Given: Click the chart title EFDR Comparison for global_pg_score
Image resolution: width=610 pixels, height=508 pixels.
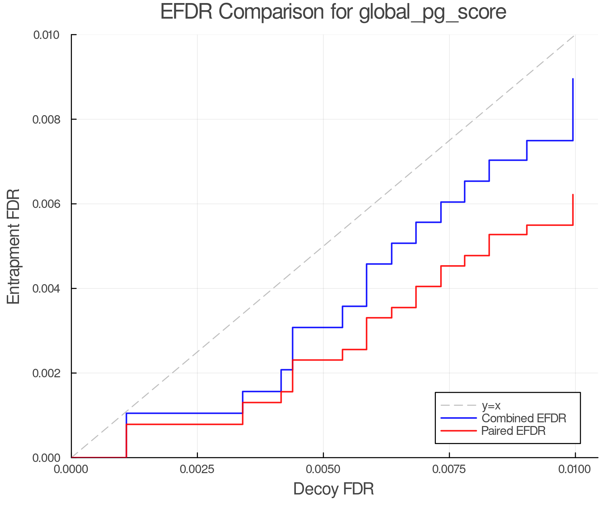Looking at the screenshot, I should pyautogui.click(x=333, y=12).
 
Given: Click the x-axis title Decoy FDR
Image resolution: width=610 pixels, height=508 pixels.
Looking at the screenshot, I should pyautogui.click(x=333, y=489).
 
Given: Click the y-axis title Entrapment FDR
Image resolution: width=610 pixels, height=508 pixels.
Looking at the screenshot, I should pyautogui.click(x=14, y=246).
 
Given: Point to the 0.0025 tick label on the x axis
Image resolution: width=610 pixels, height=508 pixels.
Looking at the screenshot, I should pyautogui.click(x=197, y=469).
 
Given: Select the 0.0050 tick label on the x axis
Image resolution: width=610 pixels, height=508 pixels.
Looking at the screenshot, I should pyautogui.click(x=323, y=469).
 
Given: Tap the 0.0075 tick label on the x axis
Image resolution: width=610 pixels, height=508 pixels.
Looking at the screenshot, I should pyautogui.click(x=449, y=469).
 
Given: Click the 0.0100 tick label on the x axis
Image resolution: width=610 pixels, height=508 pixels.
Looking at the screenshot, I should pyautogui.click(x=575, y=469).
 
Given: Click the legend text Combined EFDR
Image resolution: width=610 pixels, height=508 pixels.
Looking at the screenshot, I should pyautogui.click(x=524, y=418).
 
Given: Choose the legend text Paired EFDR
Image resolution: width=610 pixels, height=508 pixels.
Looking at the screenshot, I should pyautogui.click(x=513, y=431).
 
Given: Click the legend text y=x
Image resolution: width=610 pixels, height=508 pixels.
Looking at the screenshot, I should pyautogui.click(x=491, y=405).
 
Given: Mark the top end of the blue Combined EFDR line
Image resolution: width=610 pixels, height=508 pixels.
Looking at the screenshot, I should pyautogui.click(x=573, y=79).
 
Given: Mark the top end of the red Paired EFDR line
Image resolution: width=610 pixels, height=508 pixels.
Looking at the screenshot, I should pyautogui.click(x=573, y=195).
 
